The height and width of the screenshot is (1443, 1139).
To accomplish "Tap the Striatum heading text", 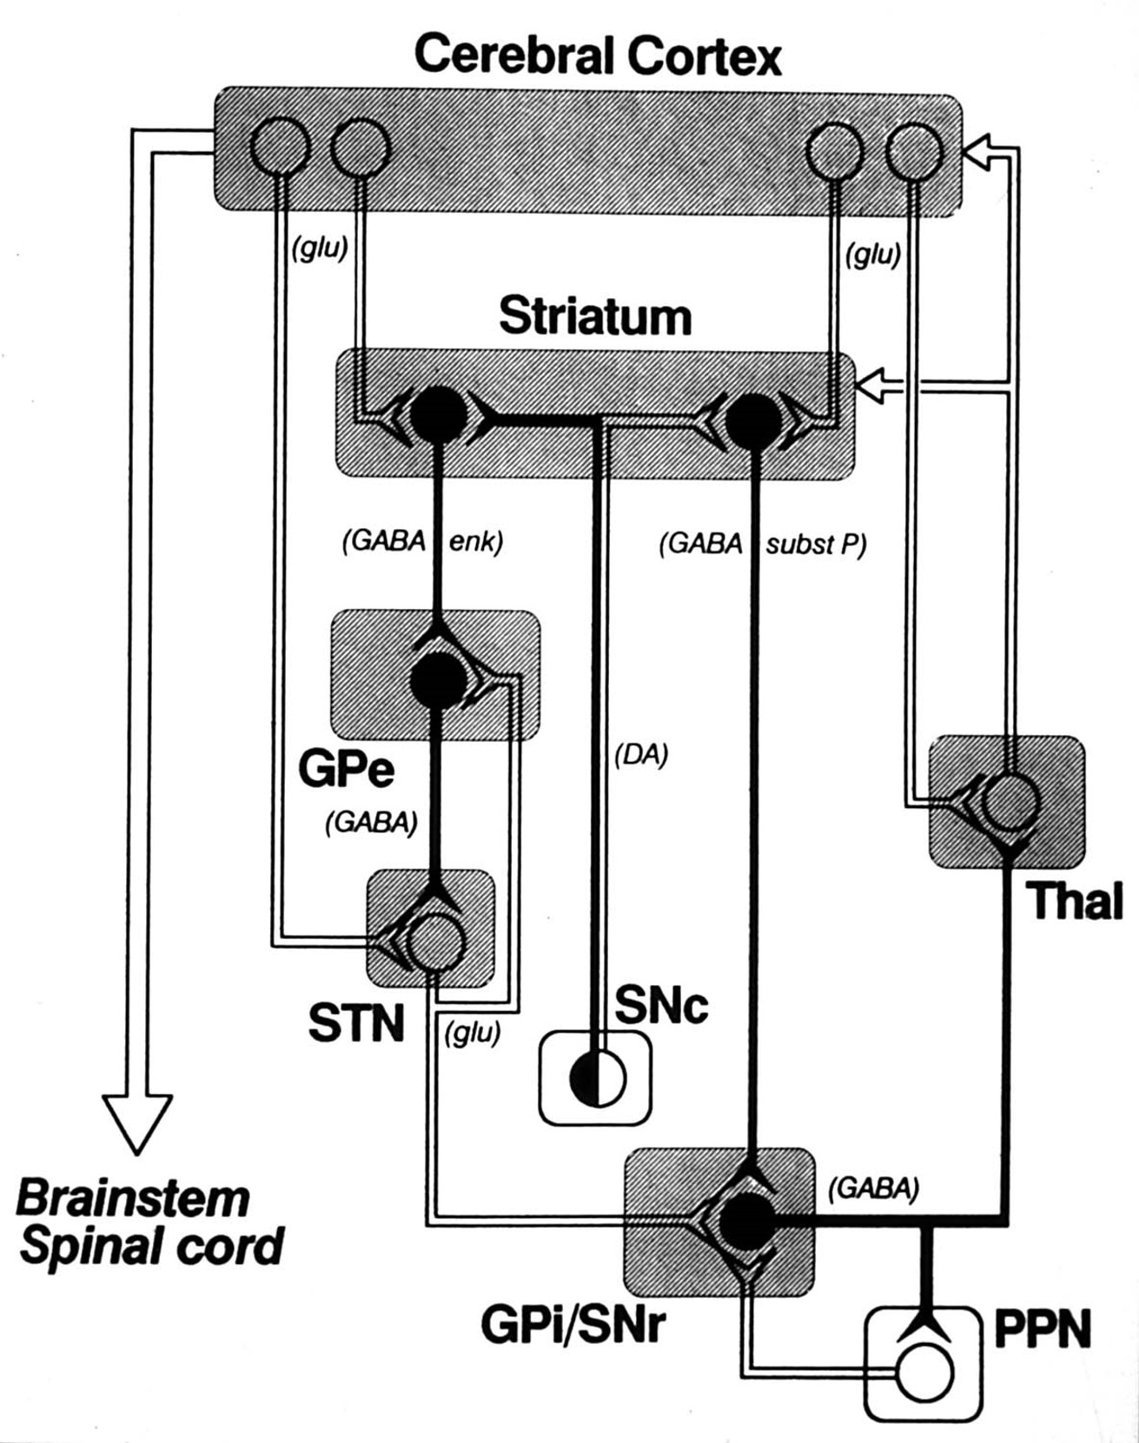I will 595,317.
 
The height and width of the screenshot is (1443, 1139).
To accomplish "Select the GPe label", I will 346,769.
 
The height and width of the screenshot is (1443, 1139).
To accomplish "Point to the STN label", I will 356,1023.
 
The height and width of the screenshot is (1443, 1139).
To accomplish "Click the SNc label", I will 661,1005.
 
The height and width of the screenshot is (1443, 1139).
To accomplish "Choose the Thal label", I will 1074,901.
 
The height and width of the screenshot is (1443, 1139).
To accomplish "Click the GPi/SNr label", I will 573,1325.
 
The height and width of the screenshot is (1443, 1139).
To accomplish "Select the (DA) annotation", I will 641,756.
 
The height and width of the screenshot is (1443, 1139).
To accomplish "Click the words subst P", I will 814,545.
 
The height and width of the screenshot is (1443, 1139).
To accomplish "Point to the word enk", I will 474,542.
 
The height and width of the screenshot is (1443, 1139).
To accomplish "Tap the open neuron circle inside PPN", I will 925,1373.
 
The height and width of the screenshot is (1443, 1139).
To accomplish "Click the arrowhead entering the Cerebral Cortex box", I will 978,155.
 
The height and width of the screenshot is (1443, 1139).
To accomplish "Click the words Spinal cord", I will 152,1247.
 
